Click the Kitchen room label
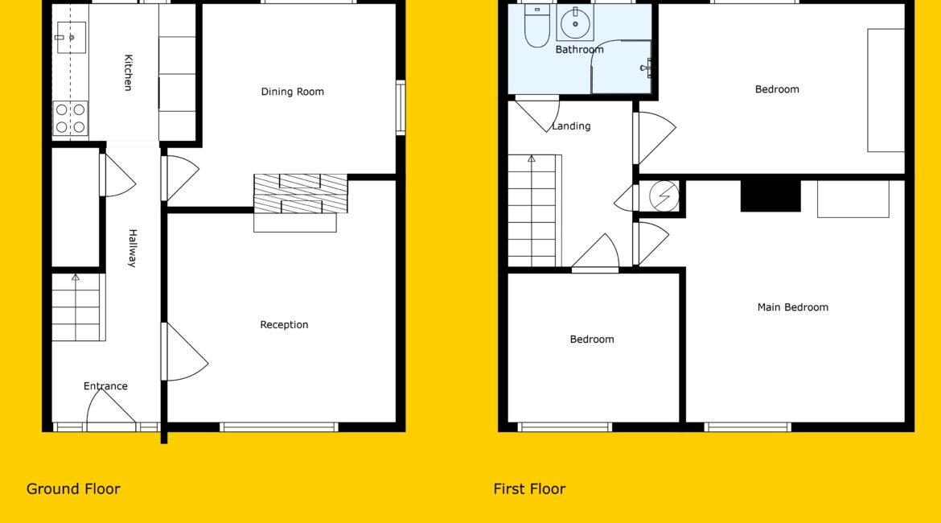pyautogui.click(x=128, y=72)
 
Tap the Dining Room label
pyautogui.click(x=292, y=92)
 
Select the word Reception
pyautogui.click(x=284, y=325)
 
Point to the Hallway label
pyautogui.click(x=133, y=248)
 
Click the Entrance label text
pyautogui.click(x=105, y=386)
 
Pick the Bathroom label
pyautogui.click(x=579, y=50)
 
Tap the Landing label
pyautogui.click(x=571, y=126)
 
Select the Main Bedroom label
pyautogui.click(x=793, y=307)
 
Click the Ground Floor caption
pyautogui.click(x=73, y=488)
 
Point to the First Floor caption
pyautogui.click(x=529, y=488)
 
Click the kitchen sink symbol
pyautogui.click(x=71, y=37)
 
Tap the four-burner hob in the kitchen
pyautogui.click(x=70, y=118)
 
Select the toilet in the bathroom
pyautogui.click(x=536, y=26)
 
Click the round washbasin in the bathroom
pyautogui.click(x=575, y=23)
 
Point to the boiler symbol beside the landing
pyautogui.click(x=664, y=196)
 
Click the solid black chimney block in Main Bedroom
pyautogui.click(x=770, y=196)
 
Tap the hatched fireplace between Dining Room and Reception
pyautogui.click(x=301, y=193)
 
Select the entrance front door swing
pyautogui.click(x=111, y=409)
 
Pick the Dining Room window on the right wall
pyautogui.click(x=401, y=108)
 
